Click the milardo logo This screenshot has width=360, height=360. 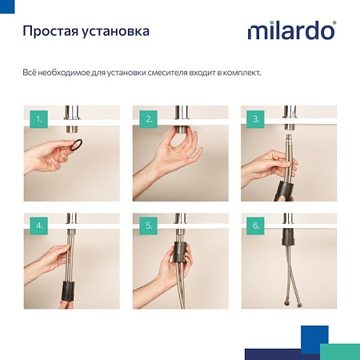click(291, 32)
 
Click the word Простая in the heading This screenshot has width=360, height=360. click(50, 33)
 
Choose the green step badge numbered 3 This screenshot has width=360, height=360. click(255, 121)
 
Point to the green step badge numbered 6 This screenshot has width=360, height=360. click(255, 226)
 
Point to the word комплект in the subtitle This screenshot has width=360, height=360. click(238, 73)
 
